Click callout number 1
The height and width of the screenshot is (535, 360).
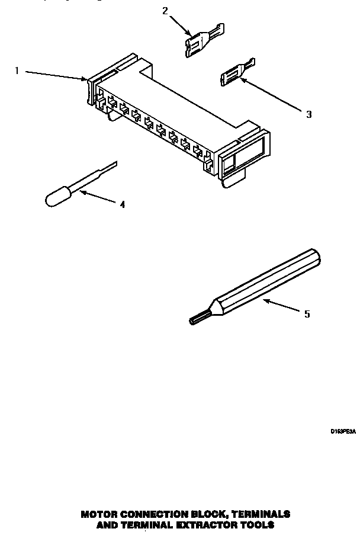(17, 71)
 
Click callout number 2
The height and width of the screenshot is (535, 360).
(165, 10)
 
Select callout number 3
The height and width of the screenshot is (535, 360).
(308, 114)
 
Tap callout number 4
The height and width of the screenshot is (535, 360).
(122, 205)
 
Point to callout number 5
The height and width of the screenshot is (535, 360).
(307, 314)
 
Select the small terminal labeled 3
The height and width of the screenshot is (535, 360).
(236, 73)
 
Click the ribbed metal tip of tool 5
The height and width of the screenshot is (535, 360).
(197, 320)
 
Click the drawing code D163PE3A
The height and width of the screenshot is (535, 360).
(342, 433)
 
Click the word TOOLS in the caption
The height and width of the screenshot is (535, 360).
(258, 525)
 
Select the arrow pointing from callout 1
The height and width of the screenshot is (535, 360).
(56, 75)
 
